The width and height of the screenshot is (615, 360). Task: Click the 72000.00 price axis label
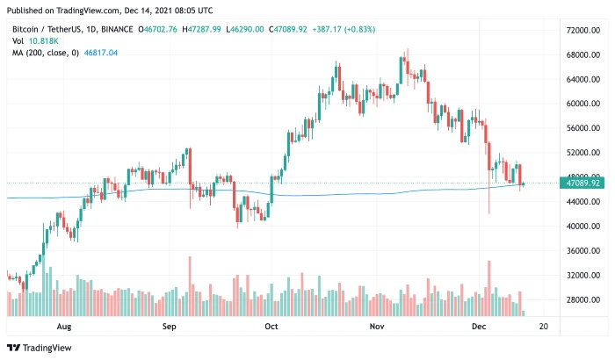582,31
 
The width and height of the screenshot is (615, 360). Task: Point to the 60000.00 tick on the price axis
582,104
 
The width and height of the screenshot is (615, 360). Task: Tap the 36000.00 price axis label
582,251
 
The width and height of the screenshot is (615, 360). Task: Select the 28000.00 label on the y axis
582,300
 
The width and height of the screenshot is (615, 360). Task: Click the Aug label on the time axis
62,326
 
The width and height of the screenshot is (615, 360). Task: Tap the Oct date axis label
271,326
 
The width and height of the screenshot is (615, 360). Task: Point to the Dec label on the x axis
479,326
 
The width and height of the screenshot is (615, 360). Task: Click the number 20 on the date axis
544,326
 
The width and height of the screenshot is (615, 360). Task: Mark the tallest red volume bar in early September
189,286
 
